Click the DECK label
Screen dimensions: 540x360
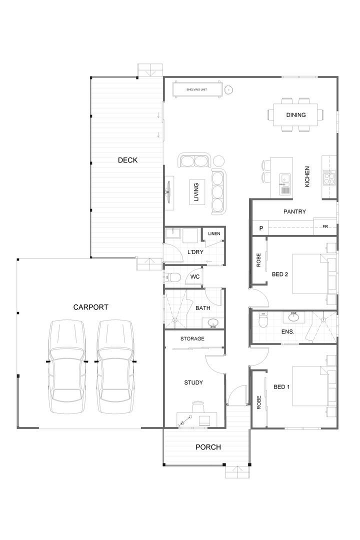click(127, 160)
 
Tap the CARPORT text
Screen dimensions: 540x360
click(90, 307)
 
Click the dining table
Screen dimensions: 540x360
click(295, 115)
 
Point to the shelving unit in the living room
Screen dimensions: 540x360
click(197, 90)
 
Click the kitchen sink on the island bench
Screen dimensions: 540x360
click(284, 178)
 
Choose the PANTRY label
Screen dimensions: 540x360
click(294, 211)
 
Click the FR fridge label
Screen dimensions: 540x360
click(325, 227)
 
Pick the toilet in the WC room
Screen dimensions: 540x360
click(173, 277)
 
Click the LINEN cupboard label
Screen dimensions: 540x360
click(213, 233)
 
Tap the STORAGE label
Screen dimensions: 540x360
click(192, 338)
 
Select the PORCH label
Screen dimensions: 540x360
click(208, 447)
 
